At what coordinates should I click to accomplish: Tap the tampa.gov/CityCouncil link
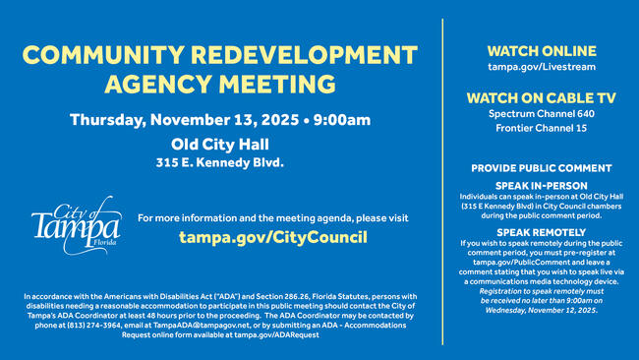pos(272,237)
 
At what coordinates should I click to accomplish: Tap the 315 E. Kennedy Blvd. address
pos(220,162)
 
